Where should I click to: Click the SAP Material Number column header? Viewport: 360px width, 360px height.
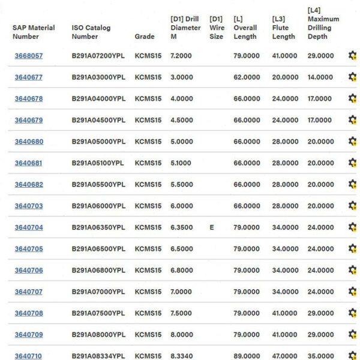pos(34,32)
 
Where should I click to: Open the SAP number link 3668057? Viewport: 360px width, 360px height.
pos(29,56)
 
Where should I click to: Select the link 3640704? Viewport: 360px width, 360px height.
pos(29,227)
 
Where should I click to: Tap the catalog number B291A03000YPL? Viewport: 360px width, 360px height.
pos(98,77)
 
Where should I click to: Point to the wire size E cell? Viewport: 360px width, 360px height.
pos(212,227)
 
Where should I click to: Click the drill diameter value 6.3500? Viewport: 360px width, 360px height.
pos(182,227)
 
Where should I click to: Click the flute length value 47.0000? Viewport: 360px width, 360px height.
pos(284,356)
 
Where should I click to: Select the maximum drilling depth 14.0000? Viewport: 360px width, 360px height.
pos(320,77)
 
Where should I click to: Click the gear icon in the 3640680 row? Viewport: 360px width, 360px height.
pos(352,142)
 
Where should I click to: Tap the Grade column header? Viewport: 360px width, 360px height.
pos(145,36)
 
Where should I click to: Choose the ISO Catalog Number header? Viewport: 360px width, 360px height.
pos(91,32)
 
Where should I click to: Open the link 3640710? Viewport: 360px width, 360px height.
pos(29,356)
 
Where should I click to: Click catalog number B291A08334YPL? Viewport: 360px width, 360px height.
pos(98,356)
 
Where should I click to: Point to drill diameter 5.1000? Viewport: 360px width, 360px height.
pos(182,163)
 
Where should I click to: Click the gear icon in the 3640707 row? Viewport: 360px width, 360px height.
pos(352,292)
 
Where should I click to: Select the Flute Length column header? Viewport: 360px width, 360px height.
pos(283,32)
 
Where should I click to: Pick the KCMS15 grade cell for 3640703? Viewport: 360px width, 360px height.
pos(148,206)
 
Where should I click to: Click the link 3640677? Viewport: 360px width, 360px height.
pos(29,77)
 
